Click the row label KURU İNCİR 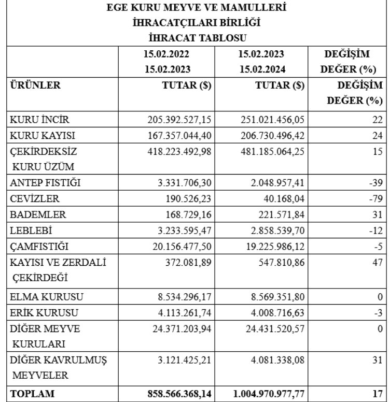[39, 120]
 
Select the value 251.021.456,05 [271, 120]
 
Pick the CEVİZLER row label [35, 199]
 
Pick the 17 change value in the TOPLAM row [378, 394]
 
